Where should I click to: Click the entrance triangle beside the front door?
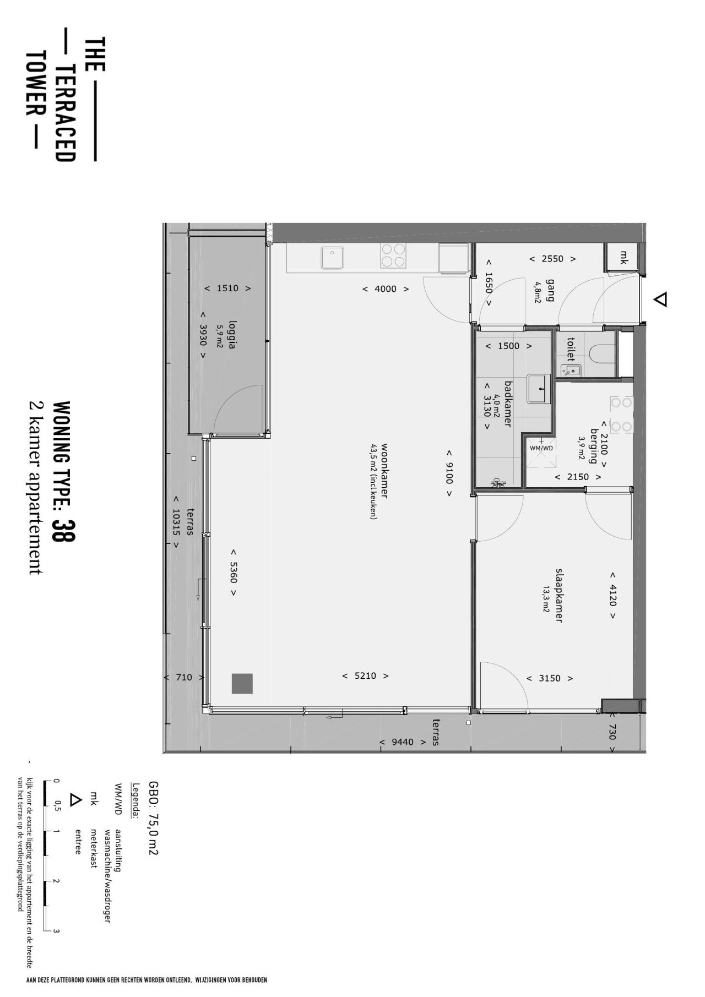[x=661, y=299]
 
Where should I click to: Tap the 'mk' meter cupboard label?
[x=624, y=257]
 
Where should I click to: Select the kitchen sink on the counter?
[x=333, y=258]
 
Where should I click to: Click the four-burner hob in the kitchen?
[x=393, y=255]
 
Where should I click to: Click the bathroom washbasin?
[x=539, y=389]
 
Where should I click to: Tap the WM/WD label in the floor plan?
[x=541, y=448]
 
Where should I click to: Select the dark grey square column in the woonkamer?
[x=242, y=683]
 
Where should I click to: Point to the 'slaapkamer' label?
[x=558, y=595]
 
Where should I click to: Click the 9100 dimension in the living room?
[x=449, y=473]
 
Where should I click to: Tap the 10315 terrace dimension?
[x=176, y=521]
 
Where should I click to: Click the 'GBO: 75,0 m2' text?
[x=154, y=818]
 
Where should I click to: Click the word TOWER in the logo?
[x=35, y=84]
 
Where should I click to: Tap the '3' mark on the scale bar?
[x=56, y=931]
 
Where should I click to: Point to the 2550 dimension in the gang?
[x=552, y=259]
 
